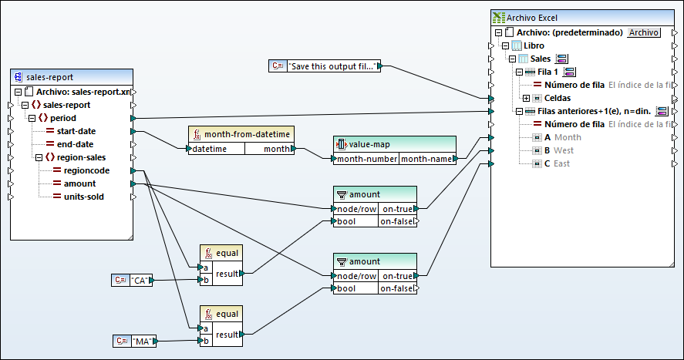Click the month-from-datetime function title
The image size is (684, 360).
pos(247,134)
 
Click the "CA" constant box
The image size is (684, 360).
pos(140,281)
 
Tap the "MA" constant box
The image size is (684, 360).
pos(142,340)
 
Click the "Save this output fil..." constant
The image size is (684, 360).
pos(333,66)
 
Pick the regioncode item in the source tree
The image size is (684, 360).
pos(91,170)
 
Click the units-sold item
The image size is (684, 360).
pos(89,197)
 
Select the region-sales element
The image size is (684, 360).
pos(79,157)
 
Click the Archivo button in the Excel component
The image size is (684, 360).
pos(643,32)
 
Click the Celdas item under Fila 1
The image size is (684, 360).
pos(558,98)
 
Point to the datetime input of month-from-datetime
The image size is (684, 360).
pos(209,149)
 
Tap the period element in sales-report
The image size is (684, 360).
pos(62,118)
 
